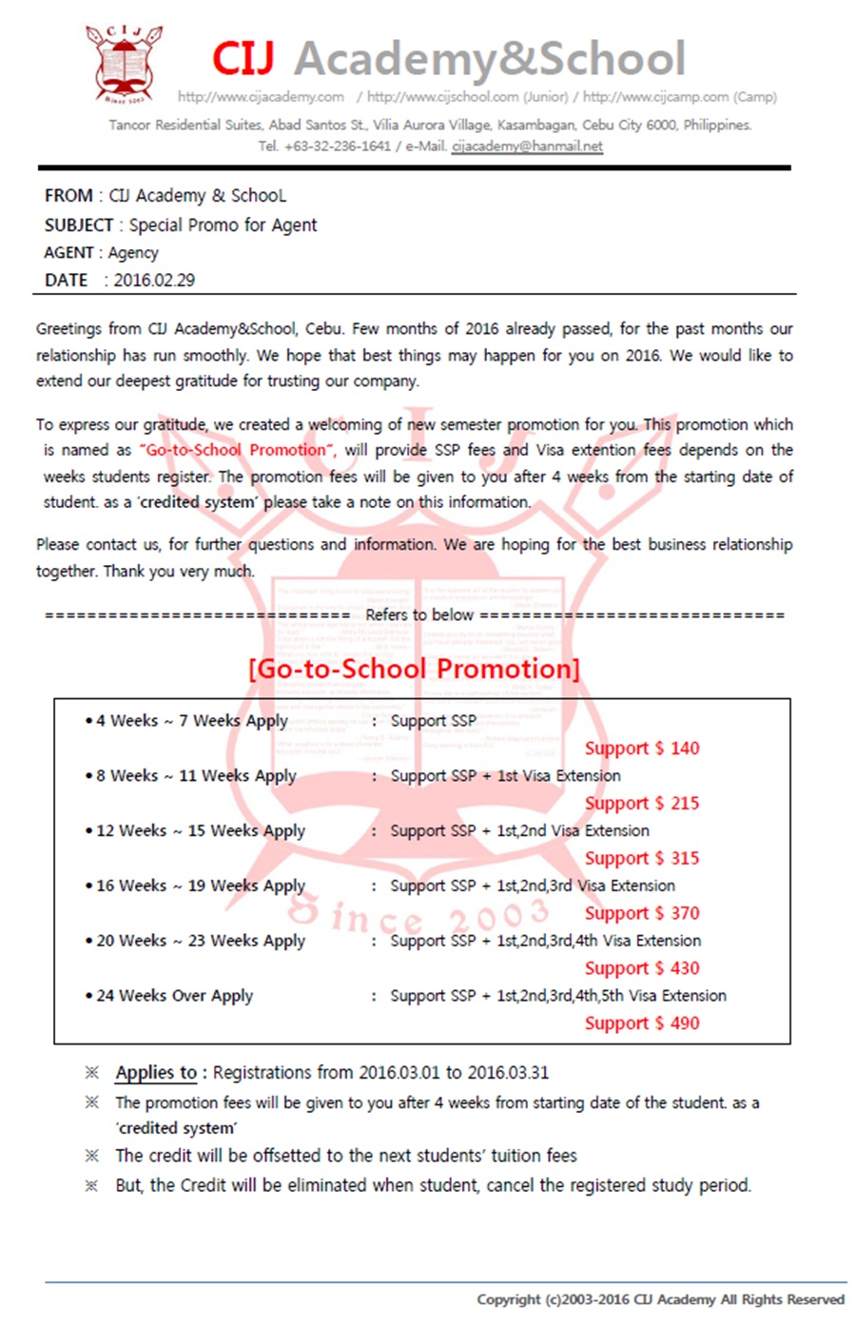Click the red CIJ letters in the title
pyautogui.click(x=243, y=59)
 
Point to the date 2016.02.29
pyautogui.click(x=154, y=281)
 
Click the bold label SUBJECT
pyautogui.click(x=79, y=225)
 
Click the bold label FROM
pyautogui.click(x=68, y=196)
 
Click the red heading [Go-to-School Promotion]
pyautogui.click(x=414, y=669)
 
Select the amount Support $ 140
pyautogui.click(x=642, y=749)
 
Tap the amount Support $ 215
pyautogui.click(x=642, y=804)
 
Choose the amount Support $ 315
pyautogui.click(x=642, y=859)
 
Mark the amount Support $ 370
pyautogui.click(x=642, y=914)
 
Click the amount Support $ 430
pyautogui.click(x=642, y=969)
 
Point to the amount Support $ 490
pyautogui.click(x=642, y=1024)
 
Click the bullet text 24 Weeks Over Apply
pyautogui.click(x=175, y=997)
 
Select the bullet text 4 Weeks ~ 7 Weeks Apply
pyautogui.click(x=192, y=722)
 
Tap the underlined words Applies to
pyautogui.click(x=156, y=1073)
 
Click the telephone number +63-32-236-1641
pyautogui.click(x=338, y=146)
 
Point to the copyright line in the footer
pyautogui.click(x=660, y=1300)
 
